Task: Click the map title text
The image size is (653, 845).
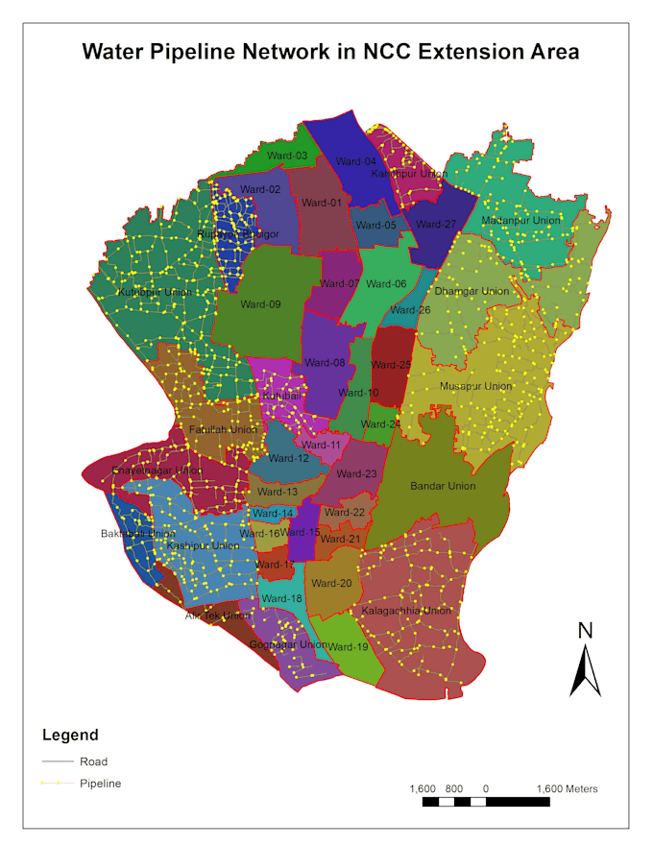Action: pyautogui.click(x=330, y=51)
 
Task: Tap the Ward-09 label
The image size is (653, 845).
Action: pyautogui.click(x=260, y=304)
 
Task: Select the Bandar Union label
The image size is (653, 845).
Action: pyautogui.click(x=443, y=486)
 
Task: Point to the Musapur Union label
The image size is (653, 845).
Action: pyautogui.click(x=475, y=386)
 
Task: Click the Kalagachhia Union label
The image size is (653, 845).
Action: pyautogui.click(x=406, y=611)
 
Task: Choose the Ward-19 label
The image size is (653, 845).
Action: pyautogui.click(x=348, y=646)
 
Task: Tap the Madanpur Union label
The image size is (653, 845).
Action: pyautogui.click(x=520, y=221)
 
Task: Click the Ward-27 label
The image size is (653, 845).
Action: pyautogui.click(x=436, y=224)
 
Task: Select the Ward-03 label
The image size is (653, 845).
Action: pyautogui.click(x=287, y=156)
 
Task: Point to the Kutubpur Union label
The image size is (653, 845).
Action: pyautogui.click(x=155, y=292)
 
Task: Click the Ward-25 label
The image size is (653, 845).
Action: pyautogui.click(x=391, y=365)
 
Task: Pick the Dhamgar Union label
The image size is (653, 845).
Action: pyautogui.click(x=472, y=291)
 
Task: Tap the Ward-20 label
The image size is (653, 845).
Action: pyautogui.click(x=331, y=583)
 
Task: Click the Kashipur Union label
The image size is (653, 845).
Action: pyautogui.click(x=203, y=545)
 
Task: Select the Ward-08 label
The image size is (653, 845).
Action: pyautogui.click(x=325, y=362)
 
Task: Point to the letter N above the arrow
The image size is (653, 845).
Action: pyautogui.click(x=585, y=631)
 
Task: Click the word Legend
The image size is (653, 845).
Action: pyautogui.click(x=70, y=736)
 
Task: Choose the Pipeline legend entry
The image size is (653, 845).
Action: pyautogui.click(x=100, y=784)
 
